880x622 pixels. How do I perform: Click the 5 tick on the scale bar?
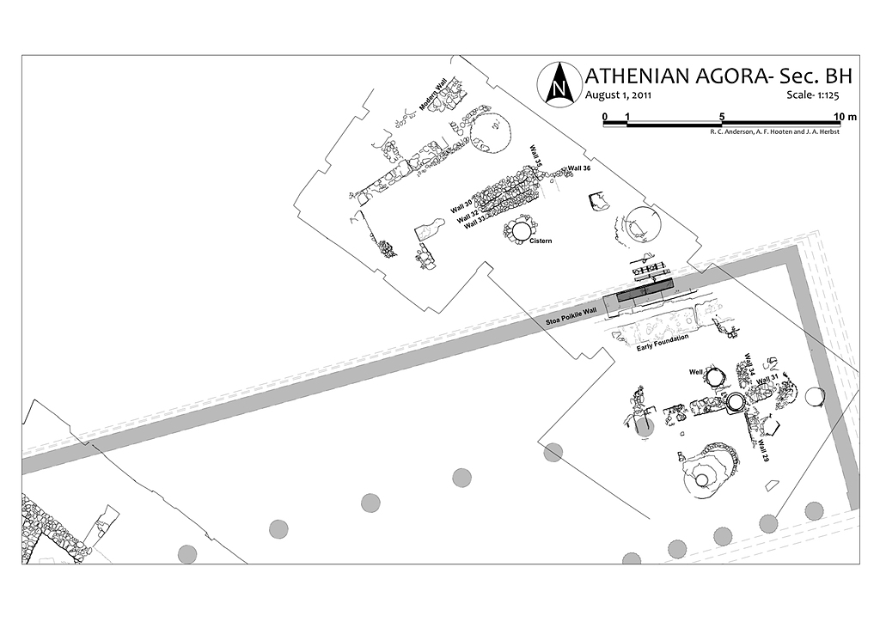tap(722, 116)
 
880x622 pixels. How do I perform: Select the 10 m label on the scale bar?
tap(845, 116)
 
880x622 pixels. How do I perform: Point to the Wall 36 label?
tap(580, 168)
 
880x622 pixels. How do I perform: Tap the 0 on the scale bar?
tap(605, 116)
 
